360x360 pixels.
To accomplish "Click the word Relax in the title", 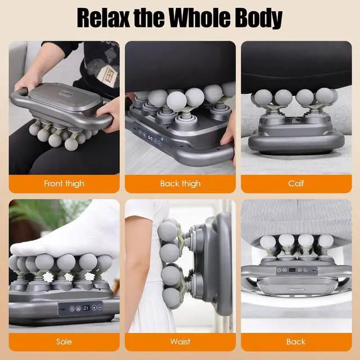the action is coord(103,18).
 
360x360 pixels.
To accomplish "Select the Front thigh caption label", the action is coord(64,184).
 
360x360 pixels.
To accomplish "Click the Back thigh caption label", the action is coord(180,184).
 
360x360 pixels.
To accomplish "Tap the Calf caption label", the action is coord(296,183).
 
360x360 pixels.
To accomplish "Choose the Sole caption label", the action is coord(64,341).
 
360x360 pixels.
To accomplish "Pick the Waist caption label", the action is coord(180,341).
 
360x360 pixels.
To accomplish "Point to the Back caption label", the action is coord(296,341).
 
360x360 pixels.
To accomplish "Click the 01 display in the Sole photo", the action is coord(86,308).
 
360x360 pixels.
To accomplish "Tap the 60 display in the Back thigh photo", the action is coord(150,137).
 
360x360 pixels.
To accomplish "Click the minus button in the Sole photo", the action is coord(100,307).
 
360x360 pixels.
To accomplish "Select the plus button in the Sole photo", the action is coord(94,308).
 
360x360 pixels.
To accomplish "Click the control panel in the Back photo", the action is coord(296,270).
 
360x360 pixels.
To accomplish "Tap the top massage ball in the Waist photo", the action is coord(168,231).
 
